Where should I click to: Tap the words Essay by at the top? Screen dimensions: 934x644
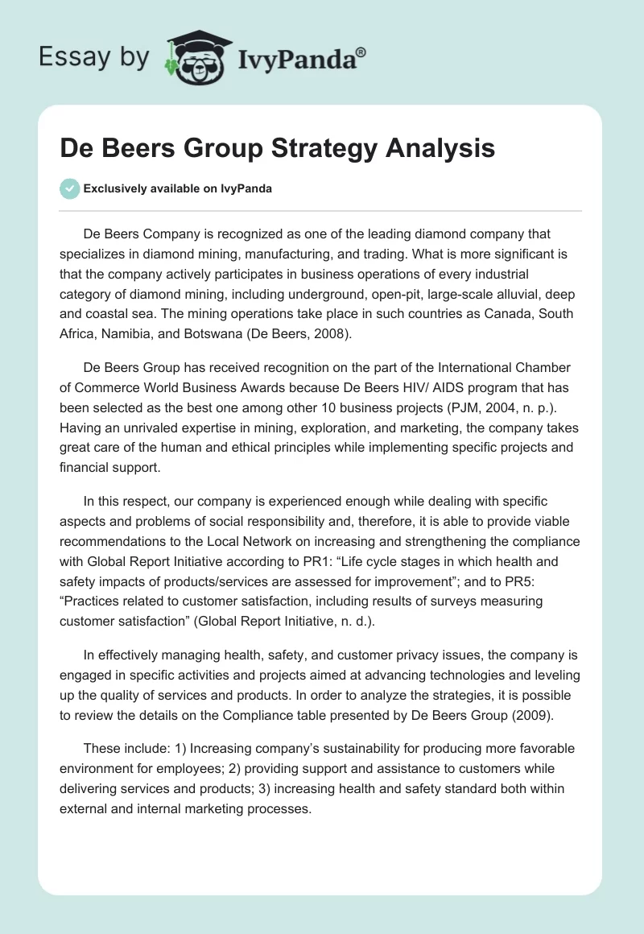[95, 58]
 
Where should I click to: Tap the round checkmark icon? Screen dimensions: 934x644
[69, 188]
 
